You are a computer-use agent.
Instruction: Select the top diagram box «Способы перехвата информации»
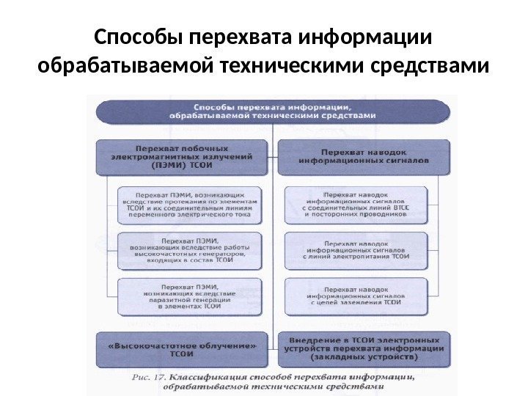click(273, 110)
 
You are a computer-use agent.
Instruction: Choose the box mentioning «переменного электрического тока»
click(188, 204)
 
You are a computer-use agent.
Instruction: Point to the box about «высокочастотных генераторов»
click(188, 250)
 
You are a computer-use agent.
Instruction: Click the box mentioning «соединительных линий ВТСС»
click(354, 204)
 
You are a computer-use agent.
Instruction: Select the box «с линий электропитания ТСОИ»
click(354, 250)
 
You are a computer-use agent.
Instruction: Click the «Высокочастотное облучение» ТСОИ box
click(181, 348)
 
